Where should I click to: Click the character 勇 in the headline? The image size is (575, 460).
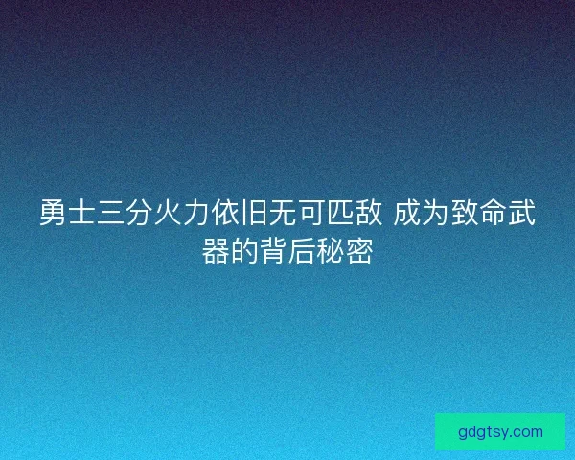coord(53,214)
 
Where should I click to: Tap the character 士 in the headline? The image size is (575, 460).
coord(80,214)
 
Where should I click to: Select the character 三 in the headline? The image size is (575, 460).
coord(109,214)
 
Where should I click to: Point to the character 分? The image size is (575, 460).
coord(137,214)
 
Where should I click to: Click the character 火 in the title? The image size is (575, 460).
coord(166,214)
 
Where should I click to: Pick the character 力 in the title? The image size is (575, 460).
coord(194,214)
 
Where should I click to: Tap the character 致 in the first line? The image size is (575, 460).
coord(465,214)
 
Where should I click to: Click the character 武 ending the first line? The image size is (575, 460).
coord(521,214)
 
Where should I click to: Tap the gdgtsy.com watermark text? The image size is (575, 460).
coord(500,431)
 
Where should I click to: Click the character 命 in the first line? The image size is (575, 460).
coord(493,214)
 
